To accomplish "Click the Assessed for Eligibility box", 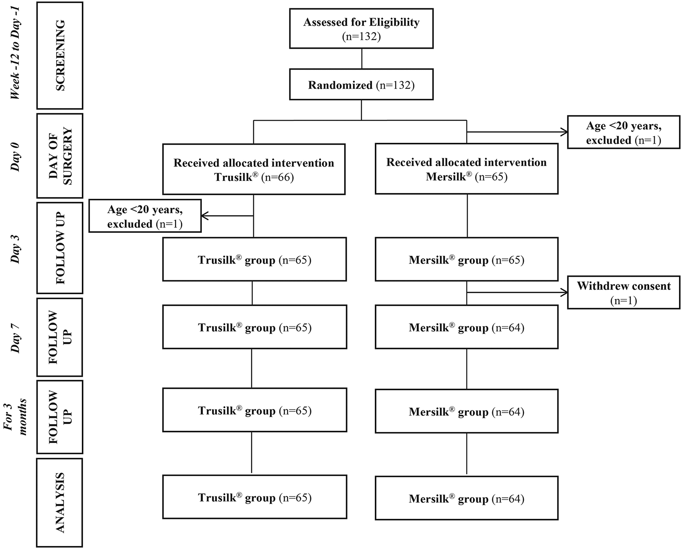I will pyautogui.click(x=361, y=29).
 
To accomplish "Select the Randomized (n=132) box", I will pyautogui.click(x=361, y=84).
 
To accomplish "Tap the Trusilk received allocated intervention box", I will pyautogui.click(x=254, y=169).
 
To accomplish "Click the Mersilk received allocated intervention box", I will pyautogui.click(x=466, y=169).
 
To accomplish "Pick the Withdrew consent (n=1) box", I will pyautogui.click(x=623, y=292).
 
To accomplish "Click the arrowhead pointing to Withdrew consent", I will pyautogui.click(x=565, y=293).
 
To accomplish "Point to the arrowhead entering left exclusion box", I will pyautogui.click(x=205, y=216).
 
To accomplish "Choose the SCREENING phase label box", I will pyautogui.click(x=60, y=55).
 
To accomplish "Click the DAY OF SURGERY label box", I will pyautogui.click(x=60, y=156).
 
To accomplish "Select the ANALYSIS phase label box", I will pyautogui.click(x=60, y=502).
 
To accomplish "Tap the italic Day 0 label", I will pyautogui.click(x=16, y=156).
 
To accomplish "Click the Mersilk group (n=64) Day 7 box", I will pyautogui.click(x=466, y=327).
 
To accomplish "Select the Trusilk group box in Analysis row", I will pyautogui.click(x=254, y=497).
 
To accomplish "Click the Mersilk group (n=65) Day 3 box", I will pyautogui.click(x=466, y=259).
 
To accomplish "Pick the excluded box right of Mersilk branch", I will pyautogui.click(x=623, y=132).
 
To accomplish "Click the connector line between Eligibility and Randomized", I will pyautogui.click(x=362, y=59).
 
